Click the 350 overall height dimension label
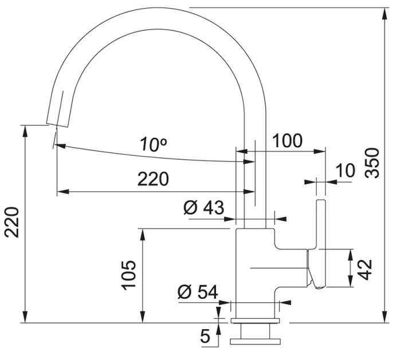pyautogui.click(x=372, y=163)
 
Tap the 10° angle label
pyautogui.click(x=153, y=144)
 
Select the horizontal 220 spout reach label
pyautogui.click(x=153, y=179)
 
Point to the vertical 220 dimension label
pyautogui.click(x=12, y=222)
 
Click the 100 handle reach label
pyautogui.click(x=287, y=141)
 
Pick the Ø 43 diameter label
pyautogui.click(x=204, y=207)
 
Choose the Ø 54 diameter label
pyautogui.click(x=198, y=292)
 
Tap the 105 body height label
pyautogui.click(x=129, y=275)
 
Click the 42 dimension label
pyautogui.click(x=364, y=270)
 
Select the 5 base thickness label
pyautogui.click(x=205, y=336)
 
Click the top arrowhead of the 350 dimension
pyautogui.click(x=384, y=14)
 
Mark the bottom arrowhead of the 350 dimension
pyautogui.click(x=384, y=317)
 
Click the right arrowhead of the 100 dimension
pyautogui.click(x=319, y=151)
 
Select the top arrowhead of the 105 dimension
pyautogui.click(x=143, y=235)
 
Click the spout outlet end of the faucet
pyautogui.click(x=57, y=124)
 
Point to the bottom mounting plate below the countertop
pyautogui.click(x=255, y=342)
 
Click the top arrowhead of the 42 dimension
pyautogui.click(x=351, y=255)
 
